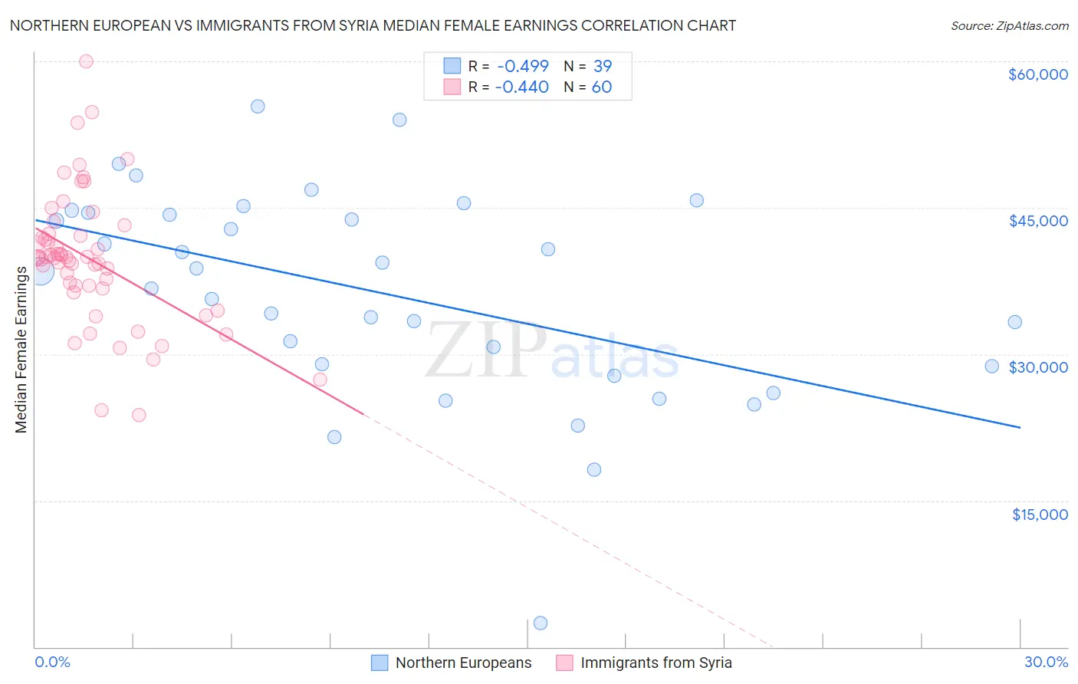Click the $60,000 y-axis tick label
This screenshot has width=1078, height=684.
[x=1037, y=74]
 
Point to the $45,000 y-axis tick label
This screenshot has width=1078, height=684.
[x=1037, y=221]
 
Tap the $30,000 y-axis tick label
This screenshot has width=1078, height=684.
[x=1037, y=367]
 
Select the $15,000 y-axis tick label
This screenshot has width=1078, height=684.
[x=1040, y=515]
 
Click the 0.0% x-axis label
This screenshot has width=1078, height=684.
[x=52, y=662]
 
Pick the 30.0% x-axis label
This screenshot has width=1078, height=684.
[x=1046, y=662]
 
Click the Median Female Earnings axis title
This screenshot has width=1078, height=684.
[x=21, y=349]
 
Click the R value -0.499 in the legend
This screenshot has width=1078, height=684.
[x=521, y=66]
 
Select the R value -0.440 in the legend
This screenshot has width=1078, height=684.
[x=521, y=87]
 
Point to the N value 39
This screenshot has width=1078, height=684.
[x=602, y=66]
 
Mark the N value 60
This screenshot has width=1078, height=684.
[x=602, y=87]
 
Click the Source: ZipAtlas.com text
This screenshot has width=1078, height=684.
[x=1009, y=26]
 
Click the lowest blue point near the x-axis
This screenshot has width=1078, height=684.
[x=541, y=623]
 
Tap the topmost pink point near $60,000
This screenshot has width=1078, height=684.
[x=86, y=61]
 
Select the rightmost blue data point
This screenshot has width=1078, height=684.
[x=1014, y=322]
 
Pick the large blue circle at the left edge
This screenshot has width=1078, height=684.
[x=41, y=271]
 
